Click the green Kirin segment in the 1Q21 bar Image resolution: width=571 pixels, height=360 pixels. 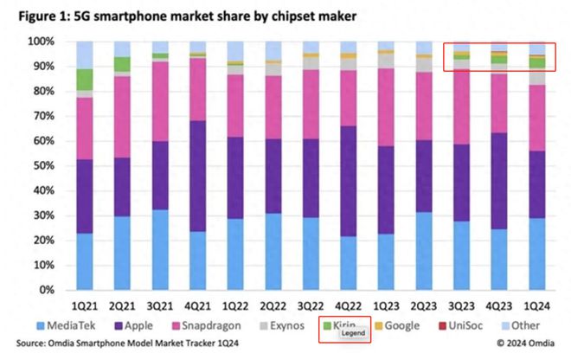(85, 80)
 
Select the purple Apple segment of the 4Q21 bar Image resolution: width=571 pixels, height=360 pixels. (197, 176)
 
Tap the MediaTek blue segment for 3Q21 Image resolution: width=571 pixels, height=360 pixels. (160, 249)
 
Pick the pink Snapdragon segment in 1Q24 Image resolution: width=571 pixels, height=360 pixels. (536, 118)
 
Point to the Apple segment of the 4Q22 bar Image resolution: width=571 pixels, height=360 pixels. (348, 181)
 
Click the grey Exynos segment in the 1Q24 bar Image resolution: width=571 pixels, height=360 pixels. (536, 76)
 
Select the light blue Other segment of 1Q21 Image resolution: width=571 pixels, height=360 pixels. (85, 55)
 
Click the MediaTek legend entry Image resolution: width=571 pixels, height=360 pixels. (66, 325)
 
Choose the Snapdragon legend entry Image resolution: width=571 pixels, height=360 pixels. (206, 325)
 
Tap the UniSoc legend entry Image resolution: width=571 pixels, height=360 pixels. (460, 325)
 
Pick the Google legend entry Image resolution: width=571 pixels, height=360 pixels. (397, 325)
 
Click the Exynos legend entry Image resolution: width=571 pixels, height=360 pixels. (282, 325)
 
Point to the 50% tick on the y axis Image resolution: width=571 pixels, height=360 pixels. (44, 166)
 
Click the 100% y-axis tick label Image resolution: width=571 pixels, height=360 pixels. (42, 42)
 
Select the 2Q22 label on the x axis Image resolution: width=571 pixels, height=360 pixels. (273, 306)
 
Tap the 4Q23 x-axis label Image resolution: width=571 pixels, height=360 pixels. (499, 306)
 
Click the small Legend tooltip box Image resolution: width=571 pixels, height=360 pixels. (353, 333)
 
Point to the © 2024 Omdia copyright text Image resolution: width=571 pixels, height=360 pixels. (525, 344)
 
